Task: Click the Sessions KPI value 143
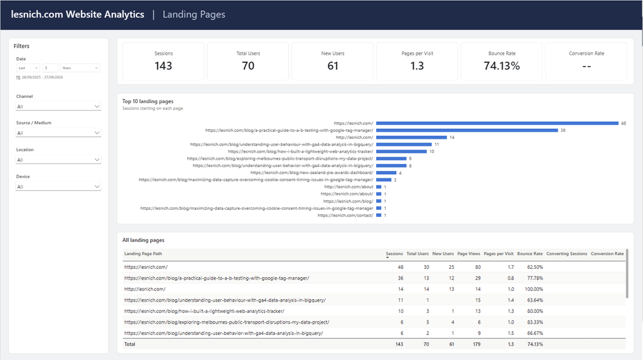tap(163, 66)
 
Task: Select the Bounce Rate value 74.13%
tap(502, 66)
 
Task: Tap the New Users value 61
tap(333, 66)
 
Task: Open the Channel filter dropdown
tap(58, 106)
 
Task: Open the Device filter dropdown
tap(58, 187)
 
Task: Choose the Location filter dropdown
tap(58, 160)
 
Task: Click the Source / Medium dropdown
tap(58, 133)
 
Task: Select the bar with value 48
tap(497, 123)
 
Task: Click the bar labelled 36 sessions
tap(467, 130)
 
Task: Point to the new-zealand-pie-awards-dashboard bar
tap(386, 173)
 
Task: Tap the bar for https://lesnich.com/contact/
tap(379, 215)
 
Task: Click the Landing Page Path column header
tap(143, 254)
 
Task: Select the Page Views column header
tap(468, 254)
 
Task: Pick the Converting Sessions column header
tap(567, 254)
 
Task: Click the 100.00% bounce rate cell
tap(534, 289)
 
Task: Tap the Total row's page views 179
tap(477, 344)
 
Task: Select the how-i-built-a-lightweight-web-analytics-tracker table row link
tap(204, 311)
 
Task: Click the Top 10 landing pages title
tap(148, 101)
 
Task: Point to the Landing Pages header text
tap(194, 14)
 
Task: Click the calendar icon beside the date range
tap(18, 77)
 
